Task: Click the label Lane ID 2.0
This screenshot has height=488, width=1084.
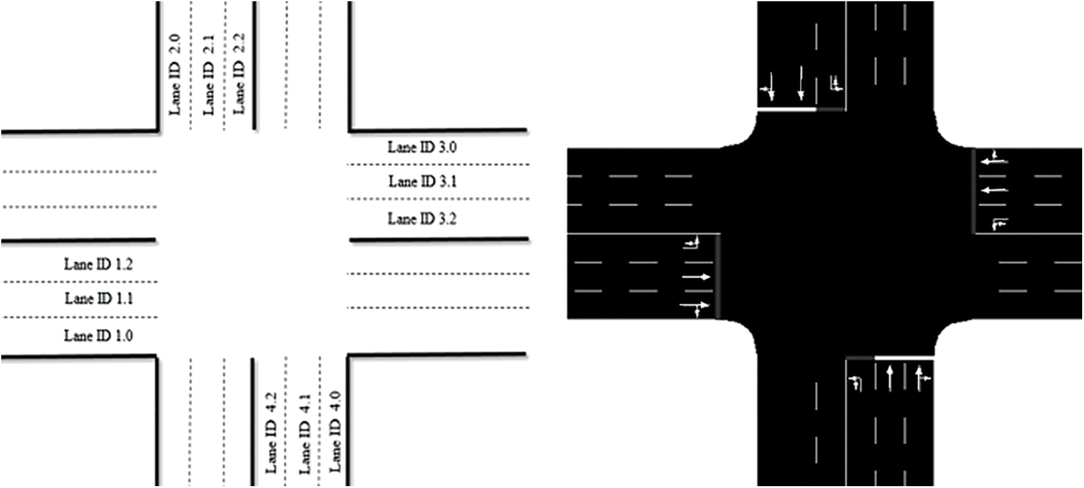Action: tap(175, 74)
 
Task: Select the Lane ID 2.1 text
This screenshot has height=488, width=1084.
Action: tap(209, 74)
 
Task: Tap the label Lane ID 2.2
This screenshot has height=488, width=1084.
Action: tap(239, 73)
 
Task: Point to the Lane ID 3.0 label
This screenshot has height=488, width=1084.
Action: tap(422, 147)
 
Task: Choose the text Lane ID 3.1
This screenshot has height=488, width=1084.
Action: tap(422, 182)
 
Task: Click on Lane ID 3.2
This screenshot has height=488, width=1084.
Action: tap(422, 219)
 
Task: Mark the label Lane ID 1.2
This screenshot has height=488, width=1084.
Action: tap(98, 264)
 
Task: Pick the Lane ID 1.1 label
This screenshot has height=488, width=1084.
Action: tap(99, 299)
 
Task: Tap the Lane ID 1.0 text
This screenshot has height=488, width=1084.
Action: tap(98, 336)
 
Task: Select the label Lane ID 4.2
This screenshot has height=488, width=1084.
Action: tap(271, 432)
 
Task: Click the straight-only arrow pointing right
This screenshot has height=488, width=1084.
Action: tap(696, 277)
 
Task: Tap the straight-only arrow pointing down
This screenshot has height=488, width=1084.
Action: tap(800, 83)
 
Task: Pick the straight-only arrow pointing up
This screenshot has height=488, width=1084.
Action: tap(889, 378)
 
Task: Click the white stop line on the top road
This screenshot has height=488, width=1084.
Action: tap(788, 110)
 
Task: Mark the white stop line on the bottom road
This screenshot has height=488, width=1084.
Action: tap(904, 358)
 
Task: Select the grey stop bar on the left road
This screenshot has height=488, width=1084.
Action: tap(718, 276)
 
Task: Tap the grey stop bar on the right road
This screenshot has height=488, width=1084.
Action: tap(974, 191)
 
